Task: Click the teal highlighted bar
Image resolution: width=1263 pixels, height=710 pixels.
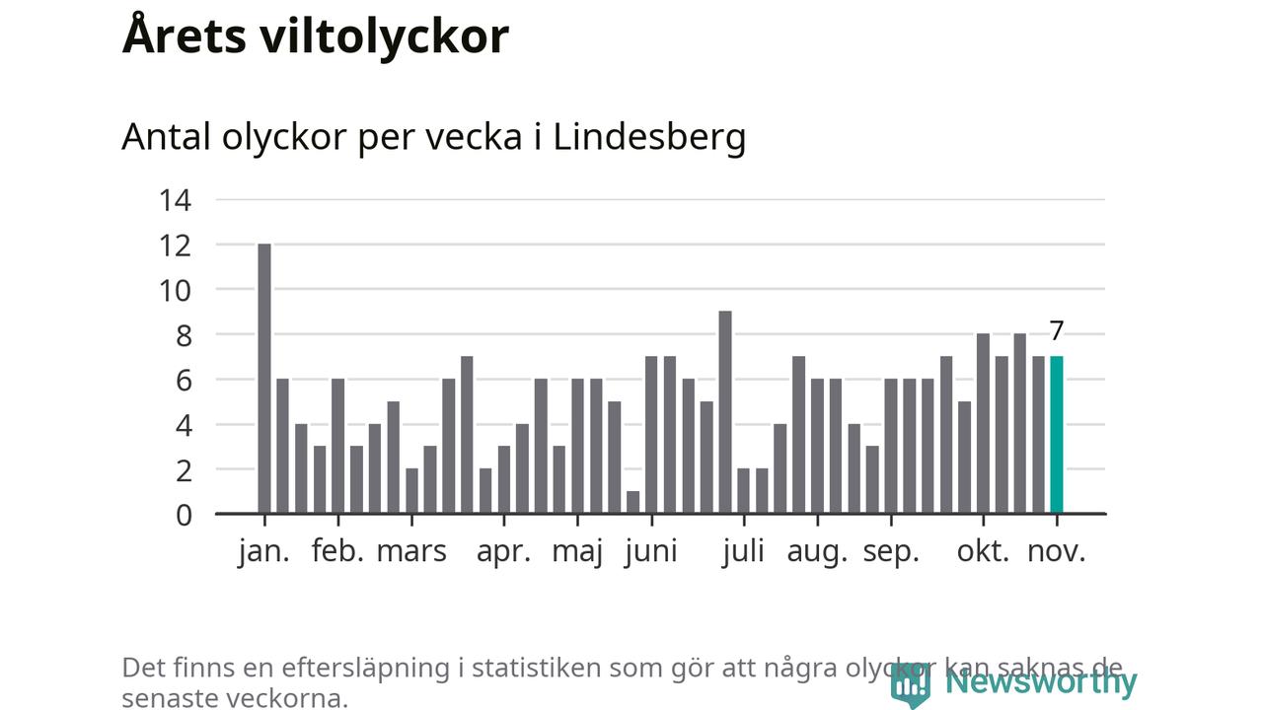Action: click(x=1056, y=435)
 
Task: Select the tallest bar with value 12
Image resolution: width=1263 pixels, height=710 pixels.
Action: click(x=264, y=379)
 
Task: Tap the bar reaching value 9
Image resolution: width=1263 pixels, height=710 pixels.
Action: click(x=725, y=412)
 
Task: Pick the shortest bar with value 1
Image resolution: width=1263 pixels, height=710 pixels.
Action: click(x=633, y=502)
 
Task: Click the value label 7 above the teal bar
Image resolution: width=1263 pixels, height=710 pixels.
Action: click(x=1056, y=331)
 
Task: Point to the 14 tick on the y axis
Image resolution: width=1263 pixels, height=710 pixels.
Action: click(x=175, y=200)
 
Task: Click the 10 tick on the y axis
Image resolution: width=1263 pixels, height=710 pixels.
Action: click(x=175, y=290)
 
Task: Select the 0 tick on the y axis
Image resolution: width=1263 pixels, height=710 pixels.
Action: click(x=184, y=515)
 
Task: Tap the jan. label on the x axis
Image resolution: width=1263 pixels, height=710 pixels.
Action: click(x=264, y=551)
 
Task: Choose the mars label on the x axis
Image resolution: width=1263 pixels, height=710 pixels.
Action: click(x=411, y=551)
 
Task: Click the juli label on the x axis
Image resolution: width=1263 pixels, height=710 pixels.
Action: click(x=743, y=551)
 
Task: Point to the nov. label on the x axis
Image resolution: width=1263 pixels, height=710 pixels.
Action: click(x=1056, y=551)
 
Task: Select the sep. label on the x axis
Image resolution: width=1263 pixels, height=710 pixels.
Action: click(x=891, y=551)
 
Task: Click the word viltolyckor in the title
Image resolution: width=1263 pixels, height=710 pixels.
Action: click(x=385, y=36)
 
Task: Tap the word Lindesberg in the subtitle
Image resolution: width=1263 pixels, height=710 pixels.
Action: click(x=649, y=137)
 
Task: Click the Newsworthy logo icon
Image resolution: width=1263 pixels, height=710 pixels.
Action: click(x=909, y=683)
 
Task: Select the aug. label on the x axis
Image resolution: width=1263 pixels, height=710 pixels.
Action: click(x=817, y=551)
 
